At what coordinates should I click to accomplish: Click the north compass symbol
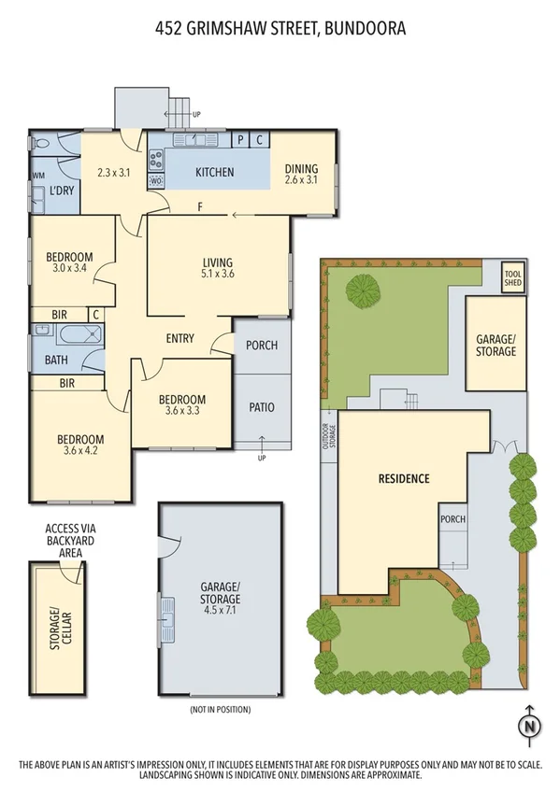[530, 725]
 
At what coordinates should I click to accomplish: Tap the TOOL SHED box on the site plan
[513, 276]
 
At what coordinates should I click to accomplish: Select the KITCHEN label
[214, 173]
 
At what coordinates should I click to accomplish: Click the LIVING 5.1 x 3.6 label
[218, 268]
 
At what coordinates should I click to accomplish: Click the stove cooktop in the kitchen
[157, 160]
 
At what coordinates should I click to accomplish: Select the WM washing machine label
[39, 176]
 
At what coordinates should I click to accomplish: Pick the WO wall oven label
[156, 180]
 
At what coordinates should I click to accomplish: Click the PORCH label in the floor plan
[262, 346]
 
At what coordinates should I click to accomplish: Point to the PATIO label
[262, 407]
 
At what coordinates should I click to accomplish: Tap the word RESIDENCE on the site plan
[404, 479]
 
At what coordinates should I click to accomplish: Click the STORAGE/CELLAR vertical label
[59, 628]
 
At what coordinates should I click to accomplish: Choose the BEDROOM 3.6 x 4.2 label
[80, 445]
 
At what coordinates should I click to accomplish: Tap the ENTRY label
[179, 339]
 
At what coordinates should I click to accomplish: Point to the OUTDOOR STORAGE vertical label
[328, 437]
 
